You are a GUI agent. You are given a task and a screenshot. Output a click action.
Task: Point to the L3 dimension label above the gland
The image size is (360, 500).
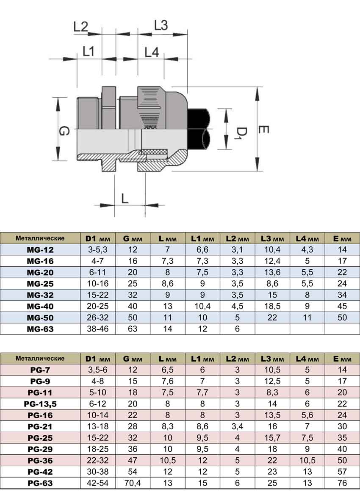click(161, 25)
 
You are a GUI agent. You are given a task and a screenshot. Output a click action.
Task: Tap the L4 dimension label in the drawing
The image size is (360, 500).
click(151, 52)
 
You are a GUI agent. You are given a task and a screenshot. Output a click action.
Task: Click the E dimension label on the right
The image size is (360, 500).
click(263, 130)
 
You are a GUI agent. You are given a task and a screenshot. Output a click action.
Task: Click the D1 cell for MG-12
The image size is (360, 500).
click(98, 249)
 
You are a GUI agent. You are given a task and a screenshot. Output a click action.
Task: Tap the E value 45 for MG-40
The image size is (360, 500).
click(342, 306)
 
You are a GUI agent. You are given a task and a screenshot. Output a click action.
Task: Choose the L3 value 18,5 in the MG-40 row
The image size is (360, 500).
click(272, 306)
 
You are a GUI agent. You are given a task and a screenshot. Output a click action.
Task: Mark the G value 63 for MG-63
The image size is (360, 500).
click(133, 329)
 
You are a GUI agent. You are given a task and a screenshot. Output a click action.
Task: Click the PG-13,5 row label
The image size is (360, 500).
click(40, 404)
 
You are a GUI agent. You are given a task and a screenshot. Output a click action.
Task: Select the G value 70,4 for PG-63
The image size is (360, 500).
click(133, 483)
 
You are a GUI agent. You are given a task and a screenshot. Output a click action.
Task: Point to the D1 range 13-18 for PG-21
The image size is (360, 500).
click(98, 426)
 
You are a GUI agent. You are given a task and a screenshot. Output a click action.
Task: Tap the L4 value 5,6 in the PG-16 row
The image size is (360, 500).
click(307, 415)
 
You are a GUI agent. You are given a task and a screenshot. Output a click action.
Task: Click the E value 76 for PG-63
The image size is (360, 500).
click(342, 483)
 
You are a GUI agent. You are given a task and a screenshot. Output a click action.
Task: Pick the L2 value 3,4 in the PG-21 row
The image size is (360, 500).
click(237, 426)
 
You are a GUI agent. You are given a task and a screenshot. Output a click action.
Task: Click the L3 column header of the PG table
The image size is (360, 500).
click(272, 359)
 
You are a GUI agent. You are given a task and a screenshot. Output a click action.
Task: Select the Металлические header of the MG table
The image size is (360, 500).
click(40, 238)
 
